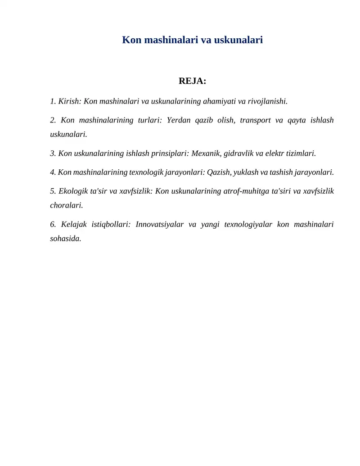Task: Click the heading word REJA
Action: point(191,81)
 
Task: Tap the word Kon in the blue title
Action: point(132,40)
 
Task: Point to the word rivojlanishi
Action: point(267,101)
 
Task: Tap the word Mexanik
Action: point(206,154)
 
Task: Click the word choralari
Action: point(66,205)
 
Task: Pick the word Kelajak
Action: point(75,224)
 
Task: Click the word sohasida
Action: point(65,239)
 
